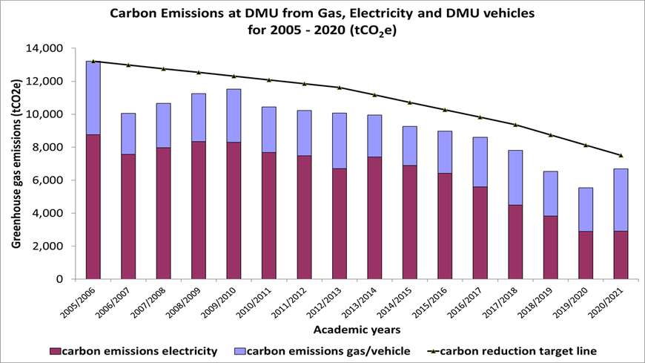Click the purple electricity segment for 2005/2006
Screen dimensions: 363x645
(93, 206)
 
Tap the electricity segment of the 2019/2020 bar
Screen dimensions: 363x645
(586, 255)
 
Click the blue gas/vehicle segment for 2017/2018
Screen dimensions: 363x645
(515, 177)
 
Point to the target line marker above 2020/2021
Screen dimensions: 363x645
(621, 155)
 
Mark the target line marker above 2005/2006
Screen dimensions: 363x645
(93, 61)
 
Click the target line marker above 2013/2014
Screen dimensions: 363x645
(374, 94)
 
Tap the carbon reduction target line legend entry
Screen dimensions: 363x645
(515, 350)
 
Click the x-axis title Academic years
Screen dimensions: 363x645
(357, 329)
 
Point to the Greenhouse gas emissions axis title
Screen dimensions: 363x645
(16, 163)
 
